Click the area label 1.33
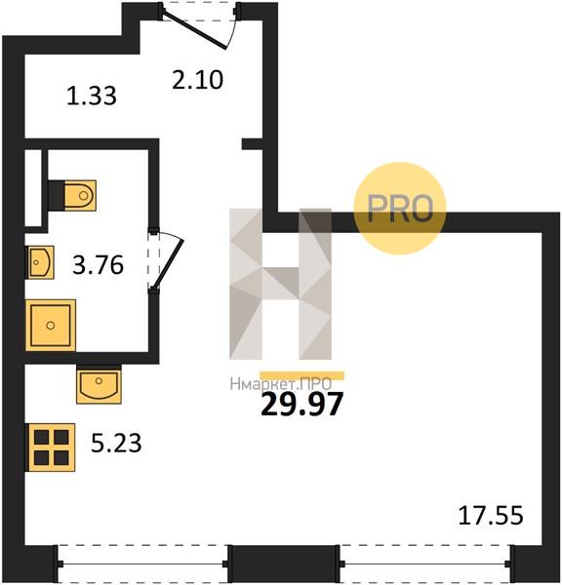click(92, 96)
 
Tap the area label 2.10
click(197, 80)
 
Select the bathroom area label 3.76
click(98, 265)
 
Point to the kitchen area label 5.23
click(116, 444)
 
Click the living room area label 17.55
click(491, 516)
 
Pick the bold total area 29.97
click(301, 405)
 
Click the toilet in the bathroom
click(73, 196)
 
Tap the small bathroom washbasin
click(40, 262)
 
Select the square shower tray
click(51, 326)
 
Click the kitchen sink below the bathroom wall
click(99, 384)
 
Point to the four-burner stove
click(50, 448)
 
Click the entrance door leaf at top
click(195, 30)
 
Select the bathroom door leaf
click(169, 264)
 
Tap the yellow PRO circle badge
click(400, 209)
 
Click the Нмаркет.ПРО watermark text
click(280, 384)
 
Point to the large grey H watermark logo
click(280, 284)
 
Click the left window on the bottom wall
click(142, 564)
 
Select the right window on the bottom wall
click(425, 564)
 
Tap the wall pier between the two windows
click(284, 564)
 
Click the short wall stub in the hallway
click(253, 144)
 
